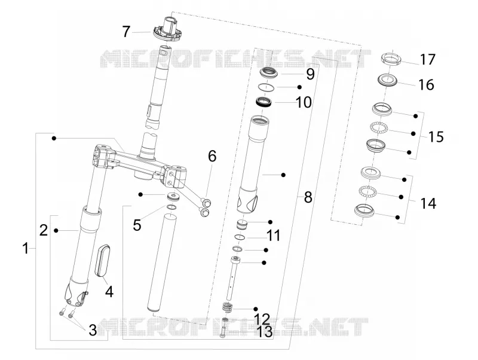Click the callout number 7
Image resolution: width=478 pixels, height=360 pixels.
pyautogui.click(x=126, y=32)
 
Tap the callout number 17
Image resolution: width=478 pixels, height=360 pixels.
pyautogui.click(x=428, y=59)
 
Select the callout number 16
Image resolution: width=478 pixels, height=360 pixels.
pyautogui.click(x=426, y=84)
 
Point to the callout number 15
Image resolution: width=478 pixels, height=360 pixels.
pyautogui.click(x=436, y=137)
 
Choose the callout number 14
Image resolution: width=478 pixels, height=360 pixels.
pyautogui.click(x=428, y=203)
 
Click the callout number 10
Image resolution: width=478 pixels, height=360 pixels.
pyautogui.click(x=304, y=102)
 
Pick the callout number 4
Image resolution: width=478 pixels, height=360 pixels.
pyautogui.click(x=109, y=292)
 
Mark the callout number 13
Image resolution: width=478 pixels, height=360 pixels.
pyautogui.click(x=264, y=332)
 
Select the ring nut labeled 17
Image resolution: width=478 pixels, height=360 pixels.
pyautogui.click(x=391, y=59)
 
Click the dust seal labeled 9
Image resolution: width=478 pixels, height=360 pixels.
pyautogui.click(x=268, y=73)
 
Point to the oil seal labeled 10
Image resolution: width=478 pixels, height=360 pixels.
pyautogui.click(x=264, y=102)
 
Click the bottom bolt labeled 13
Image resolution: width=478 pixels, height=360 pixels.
pyautogui.click(x=222, y=332)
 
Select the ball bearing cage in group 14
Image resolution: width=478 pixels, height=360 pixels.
pyautogui.click(x=367, y=191)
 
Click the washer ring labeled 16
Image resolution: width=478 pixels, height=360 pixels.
pyautogui.click(x=388, y=80)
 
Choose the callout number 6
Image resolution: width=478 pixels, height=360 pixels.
pyautogui.click(x=212, y=156)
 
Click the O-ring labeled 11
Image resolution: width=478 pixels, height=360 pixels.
pyautogui.click(x=240, y=237)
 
